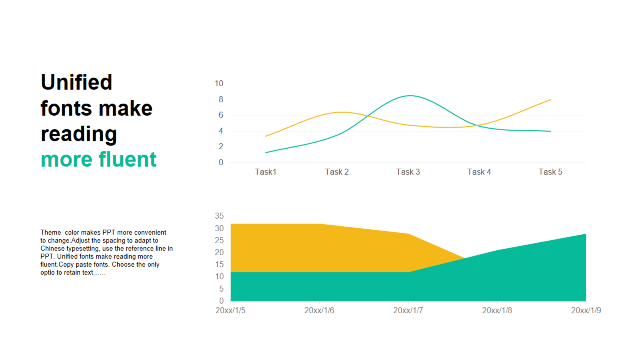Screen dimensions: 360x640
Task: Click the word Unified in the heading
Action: tap(76, 82)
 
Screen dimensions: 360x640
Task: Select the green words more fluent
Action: tap(99, 159)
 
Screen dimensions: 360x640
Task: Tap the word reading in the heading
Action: tap(79, 134)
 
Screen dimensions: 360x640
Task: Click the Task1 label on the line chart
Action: tap(266, 172)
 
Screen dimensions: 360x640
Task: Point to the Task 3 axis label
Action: tap(408, 172)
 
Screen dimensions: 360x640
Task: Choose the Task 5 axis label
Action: tap(550, 172)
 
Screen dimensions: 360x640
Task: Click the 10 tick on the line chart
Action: tap(219, 83)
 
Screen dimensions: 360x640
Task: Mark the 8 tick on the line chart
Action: tap(220, 99)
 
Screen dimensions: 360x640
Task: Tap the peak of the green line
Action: tap(410, 95)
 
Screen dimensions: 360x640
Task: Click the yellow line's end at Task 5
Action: tap(550, 100)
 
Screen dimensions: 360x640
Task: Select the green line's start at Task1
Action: tap(266, 152)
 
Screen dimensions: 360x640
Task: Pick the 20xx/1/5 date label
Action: tap(230, 310)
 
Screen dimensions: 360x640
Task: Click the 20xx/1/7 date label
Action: tap(408, 310)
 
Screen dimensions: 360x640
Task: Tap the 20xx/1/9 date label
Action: tap(586, 310)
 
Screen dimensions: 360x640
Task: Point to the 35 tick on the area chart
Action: tap(219, 216)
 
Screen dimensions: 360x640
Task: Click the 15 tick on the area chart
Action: tap(219, 264)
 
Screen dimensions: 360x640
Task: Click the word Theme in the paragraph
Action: tap(50, 232)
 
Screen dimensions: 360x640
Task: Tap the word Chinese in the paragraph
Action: tap(52, 248)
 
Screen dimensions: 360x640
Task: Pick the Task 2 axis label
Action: tap(337, 172)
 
